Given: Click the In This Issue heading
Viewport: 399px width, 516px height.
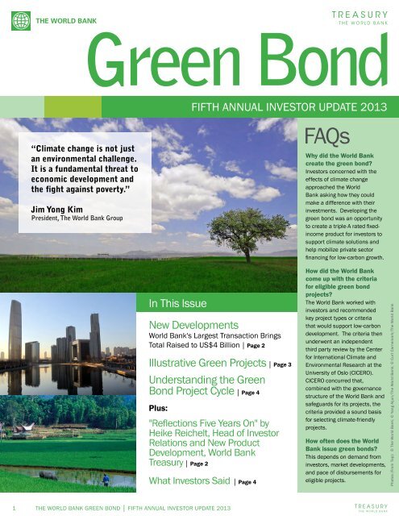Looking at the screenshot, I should point(178,304).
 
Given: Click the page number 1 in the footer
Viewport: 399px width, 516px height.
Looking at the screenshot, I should point(16,508).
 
